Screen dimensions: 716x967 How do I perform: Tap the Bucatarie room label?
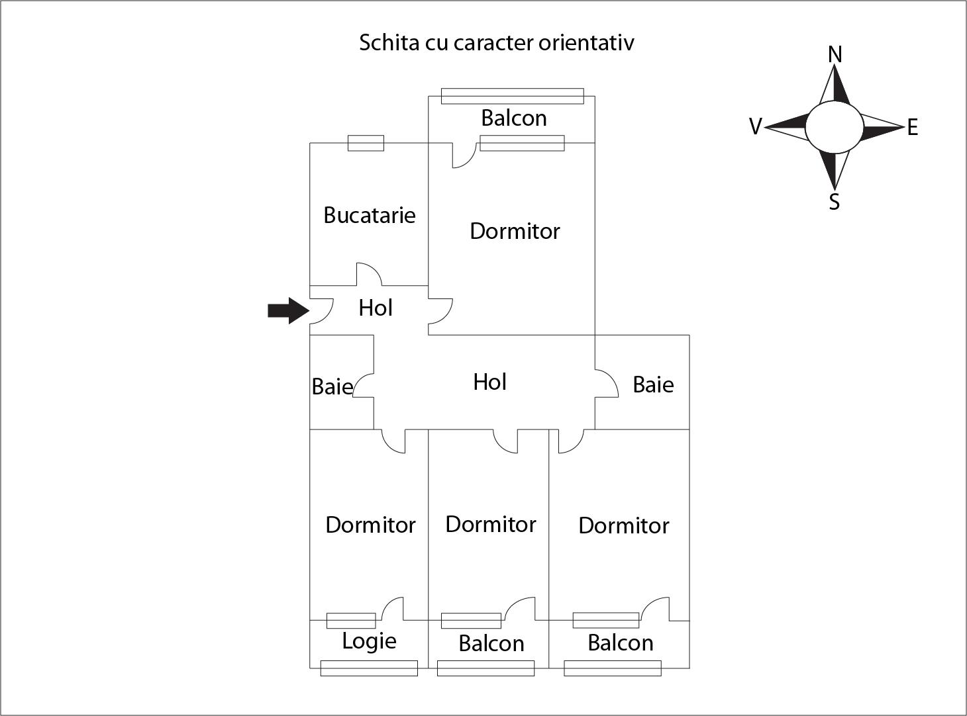pyautogui.click(x=370, y=215)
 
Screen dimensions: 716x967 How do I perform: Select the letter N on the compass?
pyautogui.click(x=835, y=55)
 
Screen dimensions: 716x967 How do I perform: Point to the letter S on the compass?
pyautogui.click(x=835, y=202)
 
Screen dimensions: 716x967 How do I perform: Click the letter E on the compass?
pyautogui.click(x=913, y=128)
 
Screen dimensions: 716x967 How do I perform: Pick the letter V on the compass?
pyautogui.click(x=755, y=126)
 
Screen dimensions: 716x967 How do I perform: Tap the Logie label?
pyautogui.click(x=369, y=641)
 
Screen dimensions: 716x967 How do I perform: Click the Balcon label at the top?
pyautogui.click(x=514, y=118)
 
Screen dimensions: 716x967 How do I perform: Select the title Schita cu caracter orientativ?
pyautogui.click(x=496, y=42)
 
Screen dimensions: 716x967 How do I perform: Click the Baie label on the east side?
pyautogui.click(x=653, y=384)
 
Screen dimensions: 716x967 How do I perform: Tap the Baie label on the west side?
pyautogui.click(x=332, y=386)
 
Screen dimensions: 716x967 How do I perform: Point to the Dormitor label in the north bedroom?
pyautogui.click(x=515, y=231)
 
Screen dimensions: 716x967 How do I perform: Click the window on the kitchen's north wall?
pyautogui.click(x=366, y=143)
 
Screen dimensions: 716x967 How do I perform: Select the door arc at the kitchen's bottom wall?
pyautogui.click(x=368, y=274)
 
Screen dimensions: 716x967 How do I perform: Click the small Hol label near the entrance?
pyautogui.click(x=376, y=308)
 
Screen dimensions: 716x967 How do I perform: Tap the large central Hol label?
pyautogui.click(x=490, y=382)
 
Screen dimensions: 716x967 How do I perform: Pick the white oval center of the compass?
pyautogui.click(x=834, y=127)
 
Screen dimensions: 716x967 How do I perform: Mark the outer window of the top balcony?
pyautogui.click(x=512, y=96)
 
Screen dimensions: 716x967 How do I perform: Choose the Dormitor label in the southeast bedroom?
pyautogui.click(x=623, y=525)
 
